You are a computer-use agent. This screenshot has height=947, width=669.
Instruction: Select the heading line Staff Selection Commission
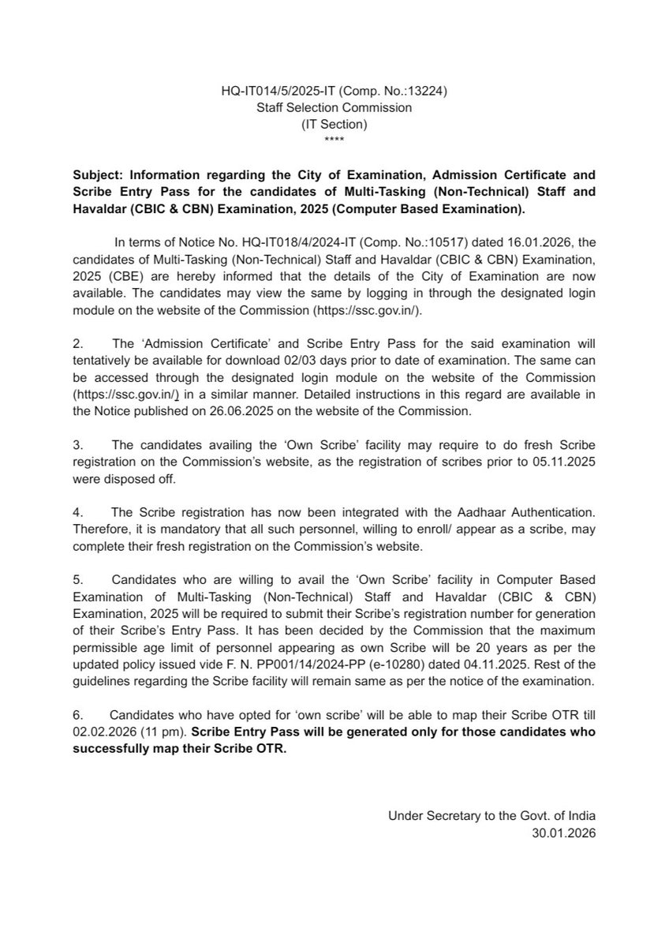[x=334, y=107]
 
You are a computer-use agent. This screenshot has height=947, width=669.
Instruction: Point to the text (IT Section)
[x=334, y=124]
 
